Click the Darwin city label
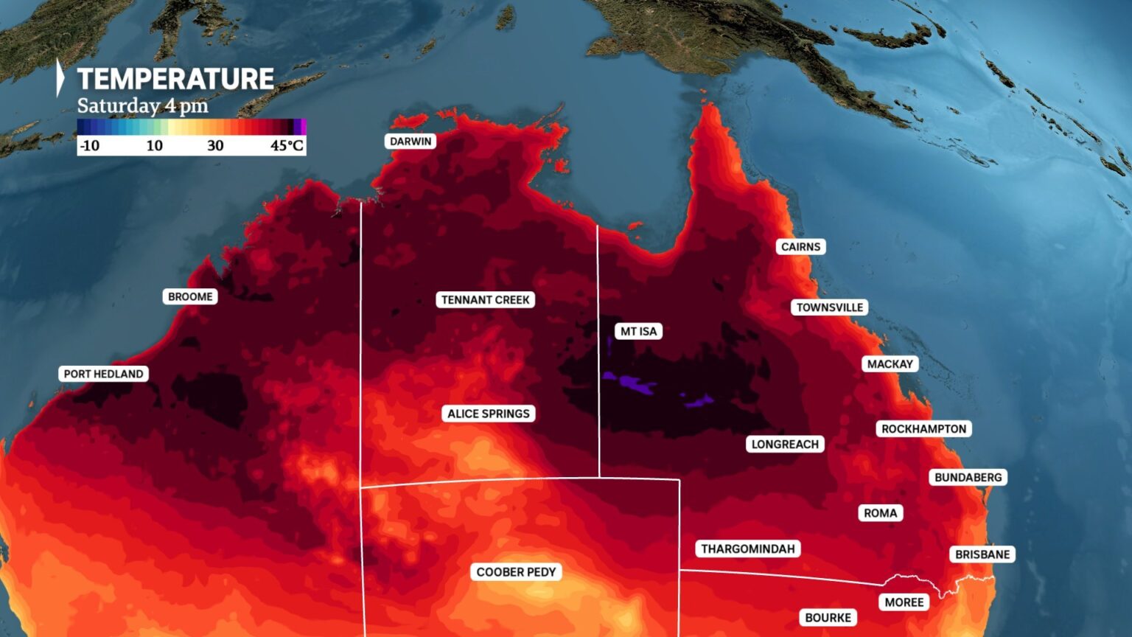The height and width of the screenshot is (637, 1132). (x=410, y=142)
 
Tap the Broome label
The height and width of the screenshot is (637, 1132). (x=190, y=296)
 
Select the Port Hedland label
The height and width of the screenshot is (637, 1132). (x=103, y=374)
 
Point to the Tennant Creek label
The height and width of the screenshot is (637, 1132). (x=485, y=299)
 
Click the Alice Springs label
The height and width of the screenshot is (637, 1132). (x=488, y=414)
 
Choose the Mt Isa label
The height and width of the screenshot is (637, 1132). (x=638, y=331)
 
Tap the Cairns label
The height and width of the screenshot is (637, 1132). (x=800, y=247)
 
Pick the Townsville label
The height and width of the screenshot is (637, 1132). (x=829, y=307)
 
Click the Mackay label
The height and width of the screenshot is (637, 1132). (x=890, y=363)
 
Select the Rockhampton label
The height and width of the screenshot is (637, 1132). (x=923, y=429)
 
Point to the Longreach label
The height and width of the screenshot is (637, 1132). (x=785, y=444)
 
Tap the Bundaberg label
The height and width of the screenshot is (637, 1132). (x=968, y=477)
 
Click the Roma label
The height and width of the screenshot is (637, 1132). (x=880, y=512)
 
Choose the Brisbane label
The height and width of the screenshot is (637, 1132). (x=982, y=554)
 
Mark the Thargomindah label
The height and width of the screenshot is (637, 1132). (x=747, y=549)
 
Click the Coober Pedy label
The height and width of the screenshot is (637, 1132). (x=516, y=571)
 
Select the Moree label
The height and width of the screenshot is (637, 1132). (x=904, y=602)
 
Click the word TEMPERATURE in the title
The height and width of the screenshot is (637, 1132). (x=175, y=79)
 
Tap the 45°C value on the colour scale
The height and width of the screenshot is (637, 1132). (x=287, y=145)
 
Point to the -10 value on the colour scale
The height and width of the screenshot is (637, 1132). (x=89, y=145)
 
